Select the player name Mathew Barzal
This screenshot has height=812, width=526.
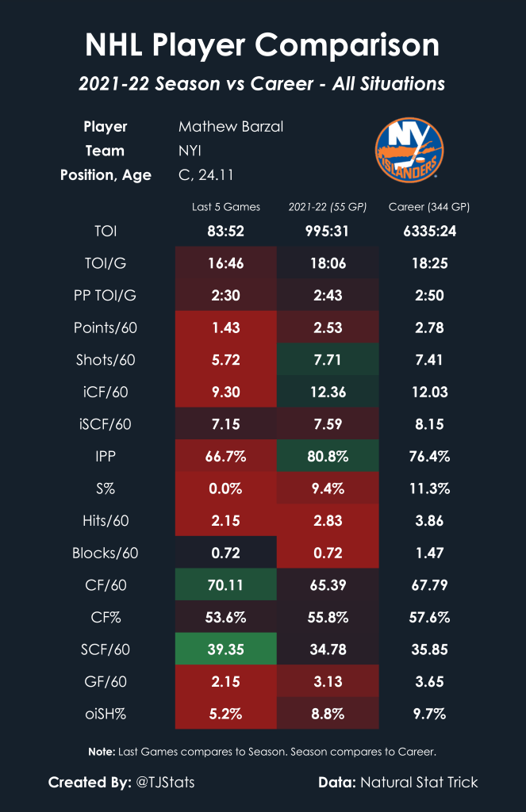231,127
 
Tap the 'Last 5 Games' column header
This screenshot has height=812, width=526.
226,207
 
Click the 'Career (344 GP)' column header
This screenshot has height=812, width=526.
429,207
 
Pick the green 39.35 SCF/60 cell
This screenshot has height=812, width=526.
226,649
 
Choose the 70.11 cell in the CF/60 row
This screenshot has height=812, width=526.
226,585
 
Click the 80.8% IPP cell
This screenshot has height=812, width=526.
328,457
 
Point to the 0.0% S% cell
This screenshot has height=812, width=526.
226,488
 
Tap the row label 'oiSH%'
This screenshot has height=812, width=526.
115,714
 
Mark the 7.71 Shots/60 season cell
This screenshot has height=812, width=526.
328,360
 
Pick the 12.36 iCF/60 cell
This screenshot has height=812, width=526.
328,392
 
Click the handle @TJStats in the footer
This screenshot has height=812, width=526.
165,783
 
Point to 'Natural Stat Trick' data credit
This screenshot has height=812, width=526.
420,783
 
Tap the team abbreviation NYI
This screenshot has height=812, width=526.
191,151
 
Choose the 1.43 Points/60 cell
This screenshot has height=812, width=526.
226,327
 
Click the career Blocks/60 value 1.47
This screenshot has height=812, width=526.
429,553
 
